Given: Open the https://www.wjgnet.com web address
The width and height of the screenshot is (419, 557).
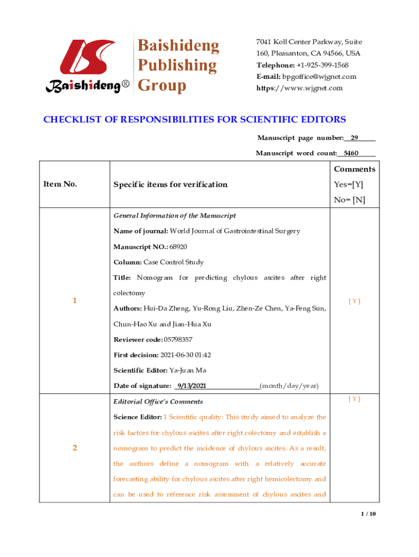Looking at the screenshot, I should click(300, 88).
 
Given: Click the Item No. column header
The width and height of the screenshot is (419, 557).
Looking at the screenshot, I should click(60, 184).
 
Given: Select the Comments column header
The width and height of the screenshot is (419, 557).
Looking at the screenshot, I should click(354, 169).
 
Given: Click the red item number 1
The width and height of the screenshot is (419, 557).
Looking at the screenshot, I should click(74, 301).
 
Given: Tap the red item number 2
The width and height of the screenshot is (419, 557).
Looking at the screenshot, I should click(74, 448).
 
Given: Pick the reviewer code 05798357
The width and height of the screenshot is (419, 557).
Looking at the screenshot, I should click(178, 339).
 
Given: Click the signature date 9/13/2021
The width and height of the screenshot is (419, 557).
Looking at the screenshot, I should click(190, 386).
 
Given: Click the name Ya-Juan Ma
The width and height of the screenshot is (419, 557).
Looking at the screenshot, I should click(188, 370).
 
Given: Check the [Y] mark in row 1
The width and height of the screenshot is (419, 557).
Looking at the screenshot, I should click(354, 301).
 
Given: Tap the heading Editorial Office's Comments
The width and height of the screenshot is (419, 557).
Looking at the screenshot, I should click(158, 401).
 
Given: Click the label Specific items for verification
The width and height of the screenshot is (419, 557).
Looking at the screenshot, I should click(170, 184).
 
